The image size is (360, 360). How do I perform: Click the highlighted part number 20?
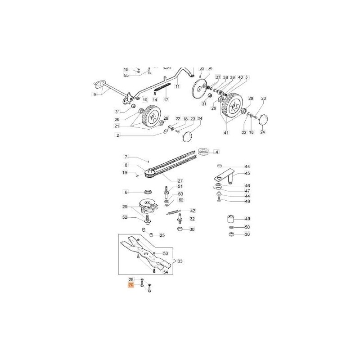[x=131, y=285]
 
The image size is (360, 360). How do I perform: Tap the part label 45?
[x=247, y=173]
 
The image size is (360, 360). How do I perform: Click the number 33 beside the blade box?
[x=180, y=261]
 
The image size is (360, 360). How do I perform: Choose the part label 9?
[x=94, y=94]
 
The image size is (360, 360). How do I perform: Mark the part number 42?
[x=193, y=211]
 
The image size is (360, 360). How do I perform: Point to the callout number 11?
[x=177, y=86]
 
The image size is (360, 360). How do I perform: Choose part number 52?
[x=125, y=217]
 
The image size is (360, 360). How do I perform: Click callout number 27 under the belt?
[x=167, y=181]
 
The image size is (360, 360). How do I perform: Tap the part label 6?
[x=126, y=192]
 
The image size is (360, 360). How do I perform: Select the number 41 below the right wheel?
[x=226, y=133]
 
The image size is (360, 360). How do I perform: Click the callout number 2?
[x=117, y=135]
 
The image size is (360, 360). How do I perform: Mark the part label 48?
[x=247, y=201]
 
